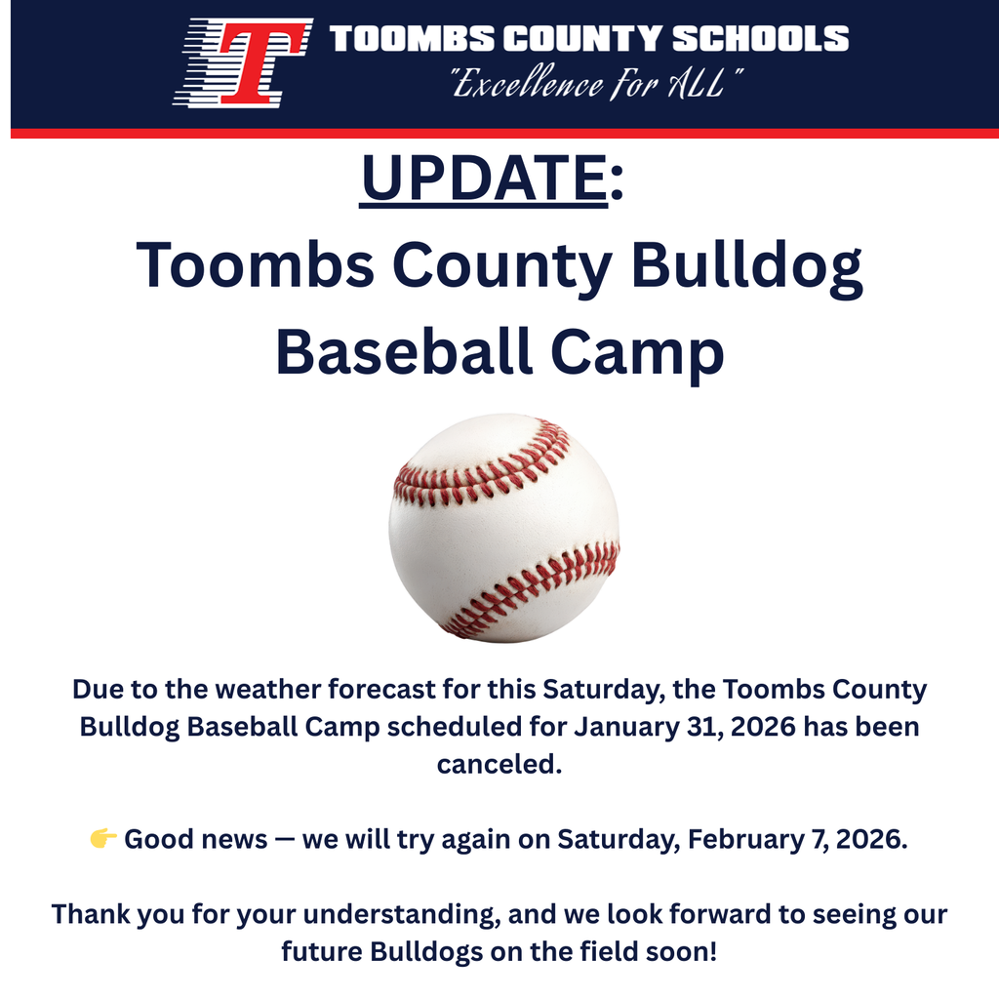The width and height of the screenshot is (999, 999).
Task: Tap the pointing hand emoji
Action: [102, 839]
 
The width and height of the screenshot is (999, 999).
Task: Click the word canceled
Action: [499, 764]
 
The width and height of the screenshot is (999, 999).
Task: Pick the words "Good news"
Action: [195, 839]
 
